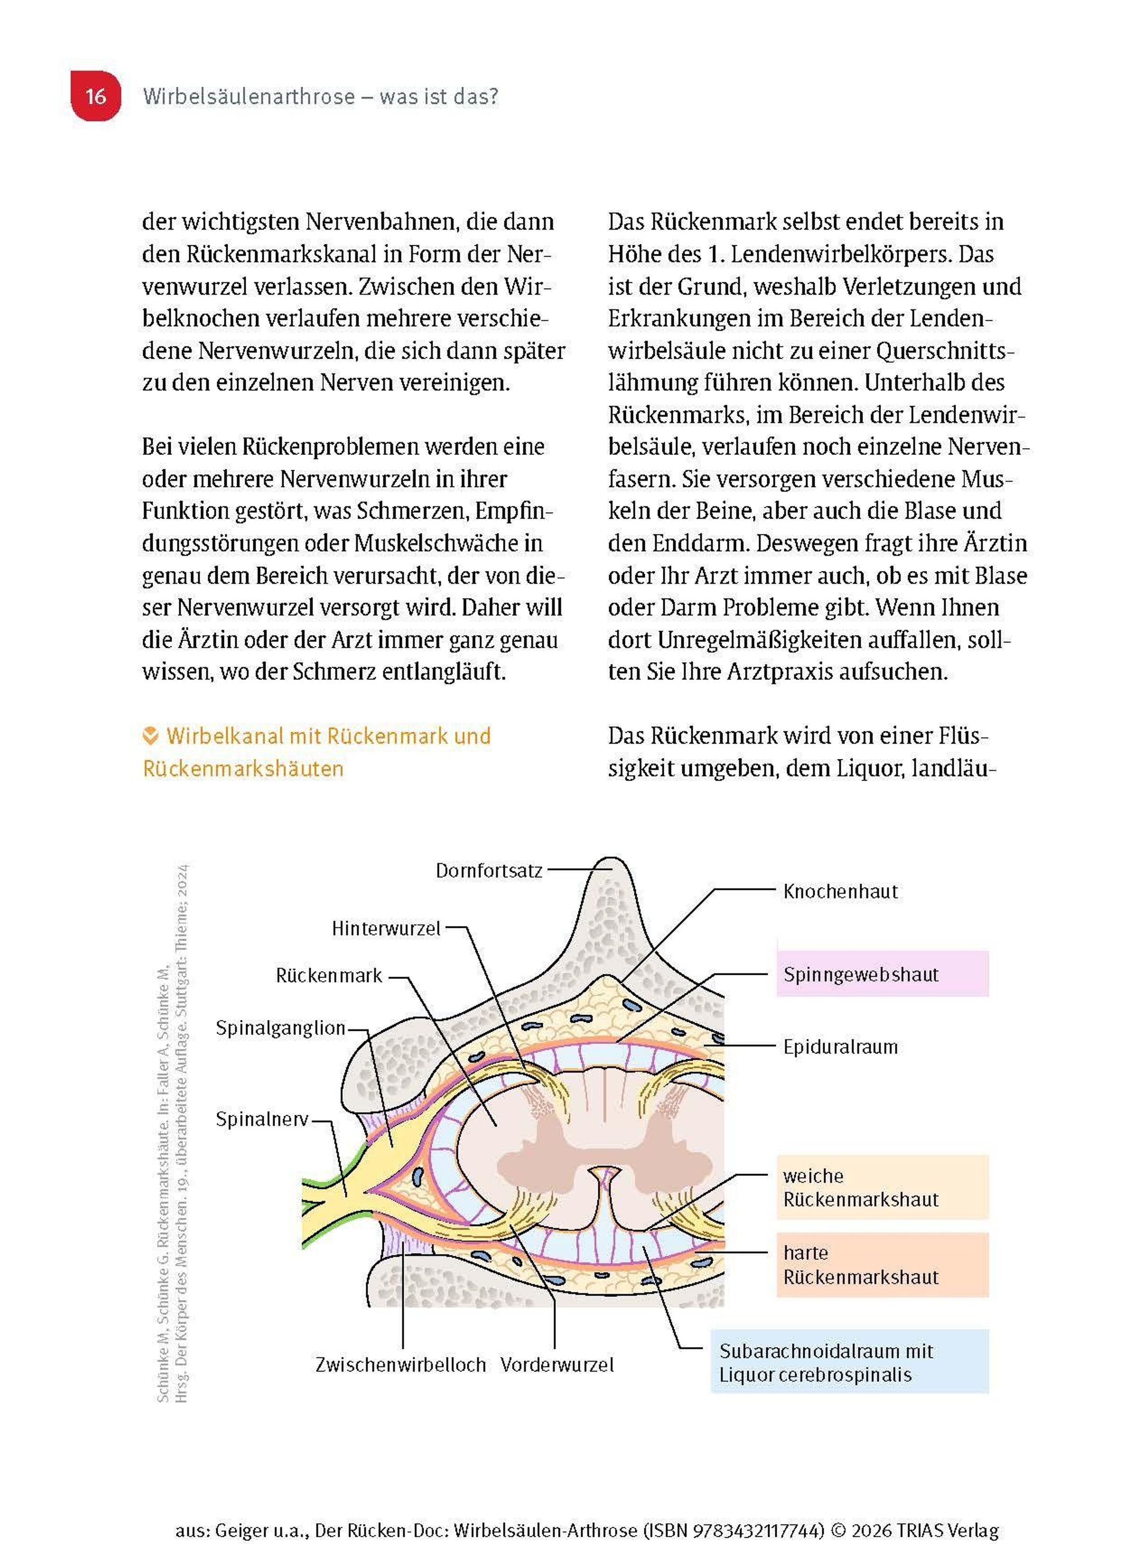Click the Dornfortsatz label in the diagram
[x=488, y=871]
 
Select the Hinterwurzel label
[x=386, y=929]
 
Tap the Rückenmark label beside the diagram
[x=329, y=976]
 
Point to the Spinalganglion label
[x=280, y=1028]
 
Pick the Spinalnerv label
[x=262, y=1119]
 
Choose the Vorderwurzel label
[x=557, y=1365]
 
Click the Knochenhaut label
[x=840, y=892]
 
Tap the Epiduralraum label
[x=840, y=1047]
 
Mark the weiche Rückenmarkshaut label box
[x=882, y=1187]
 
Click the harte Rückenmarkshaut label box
[x=882, y=1265]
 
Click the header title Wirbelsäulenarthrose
[x=248, y=96]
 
